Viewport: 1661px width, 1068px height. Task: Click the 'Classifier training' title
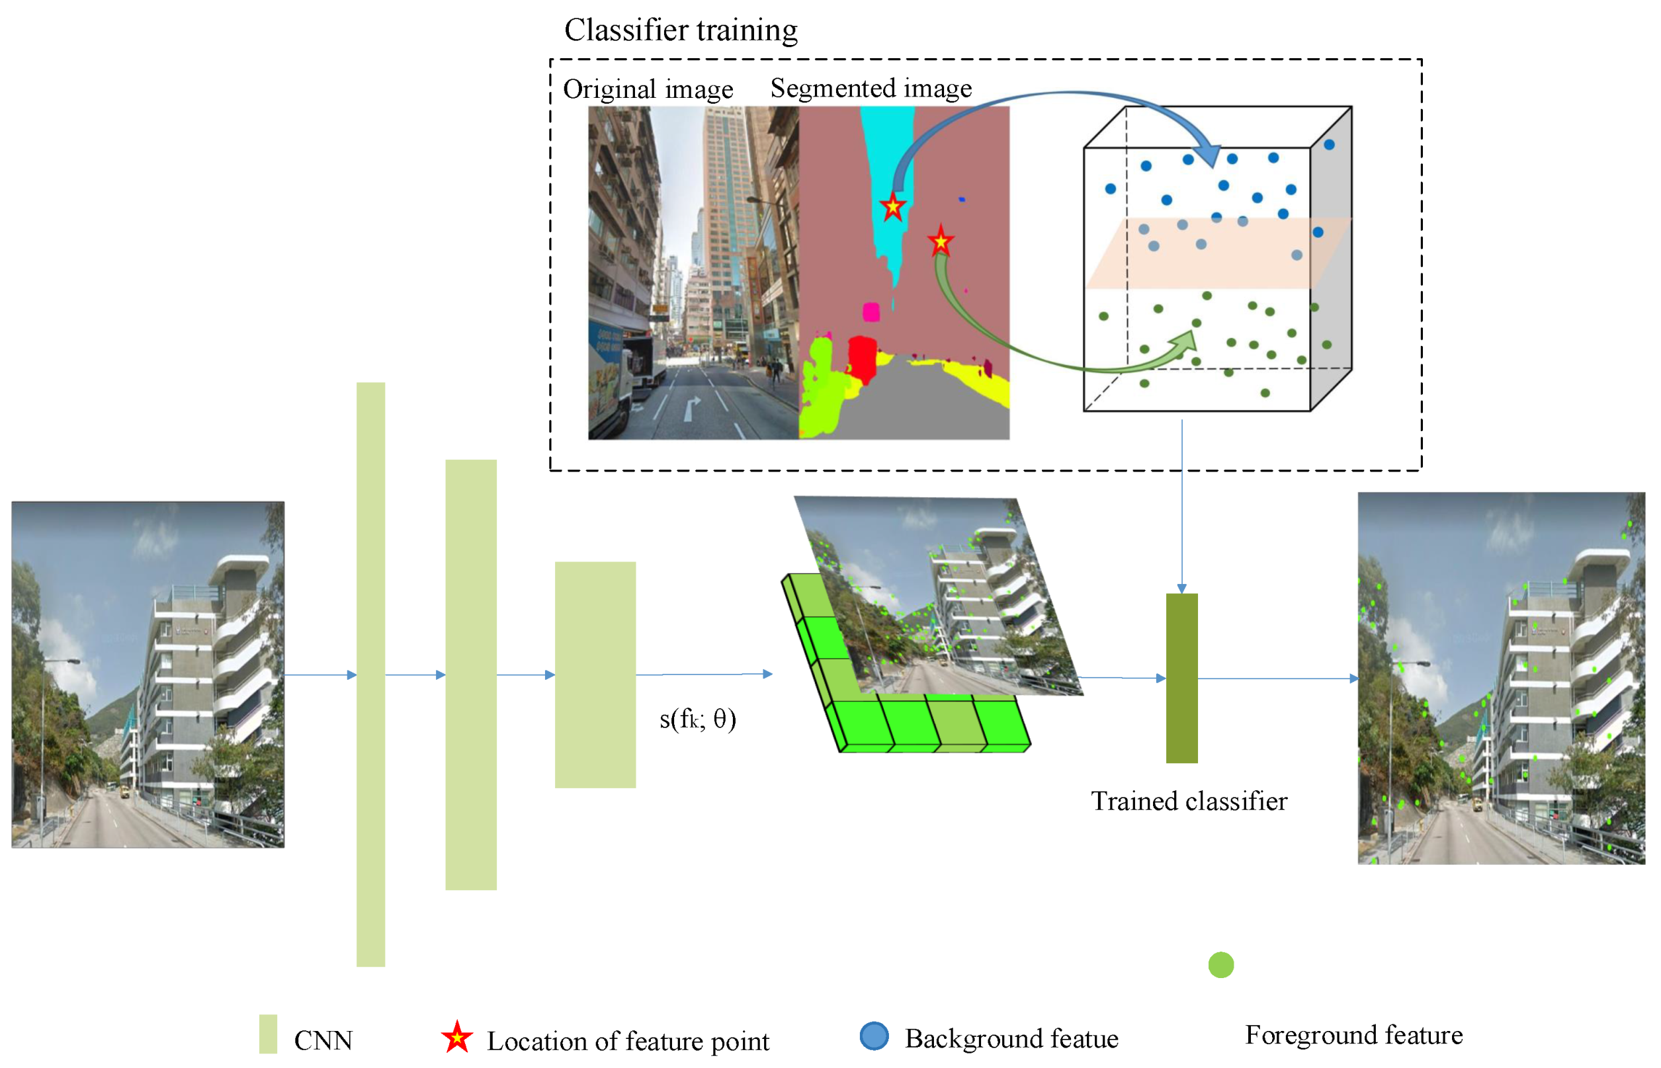pyautogui.click(x=681, y=30)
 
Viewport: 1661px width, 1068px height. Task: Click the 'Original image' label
pyautogui.click(x=648, y=89)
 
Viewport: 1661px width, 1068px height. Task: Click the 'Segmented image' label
pyautogui.click(x=871, y=88)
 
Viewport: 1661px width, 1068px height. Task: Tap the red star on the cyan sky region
pyautogui.click(x=892, y=207)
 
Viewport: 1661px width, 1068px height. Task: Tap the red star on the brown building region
pyautogui.click(x=941, y=241)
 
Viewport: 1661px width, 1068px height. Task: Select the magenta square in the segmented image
pyautogui.click(x=871, y=312)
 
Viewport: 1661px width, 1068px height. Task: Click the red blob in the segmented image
pyautogui.click(x=863, y=358)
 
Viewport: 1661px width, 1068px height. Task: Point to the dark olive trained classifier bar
pyautogui.click(x=1182, y=678)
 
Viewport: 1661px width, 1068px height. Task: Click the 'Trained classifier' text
pyautogui.click(x=1189, y=801)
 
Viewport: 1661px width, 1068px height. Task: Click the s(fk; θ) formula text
pyautogui.click(x=697, y=719)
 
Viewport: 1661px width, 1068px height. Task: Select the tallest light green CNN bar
pyautogui.click(x=370, y=674)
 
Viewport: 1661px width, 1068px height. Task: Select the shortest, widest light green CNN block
pyautogui.click(x=595, y=674)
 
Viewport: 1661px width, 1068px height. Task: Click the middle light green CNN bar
pyautogui.click(x=471, y=674)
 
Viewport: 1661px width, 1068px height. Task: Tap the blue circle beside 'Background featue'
pyautogui.click(x=874, y=1036)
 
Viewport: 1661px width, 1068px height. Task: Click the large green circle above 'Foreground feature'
pyautogui.click(x=1220, y=965)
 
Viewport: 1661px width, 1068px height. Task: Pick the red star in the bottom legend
pyautogui.click(x=457, y=1038)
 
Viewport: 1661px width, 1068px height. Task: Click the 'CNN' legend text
pyautogui.click(x=323, y=1040)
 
